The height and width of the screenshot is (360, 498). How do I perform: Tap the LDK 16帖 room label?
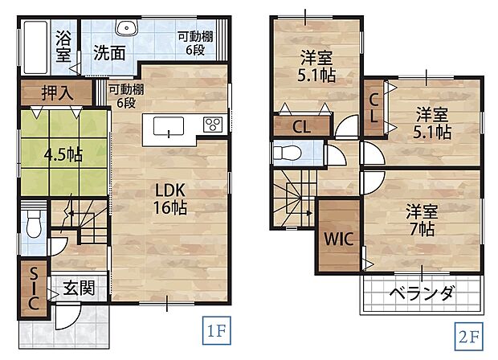coord(171,198)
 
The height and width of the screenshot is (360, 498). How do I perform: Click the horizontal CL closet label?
coord(301,125)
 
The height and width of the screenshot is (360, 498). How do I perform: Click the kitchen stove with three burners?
coord(213,125)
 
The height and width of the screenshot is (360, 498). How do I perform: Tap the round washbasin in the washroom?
coord(127,28)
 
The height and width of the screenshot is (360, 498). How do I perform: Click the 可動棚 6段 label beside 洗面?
coord(194,41)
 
